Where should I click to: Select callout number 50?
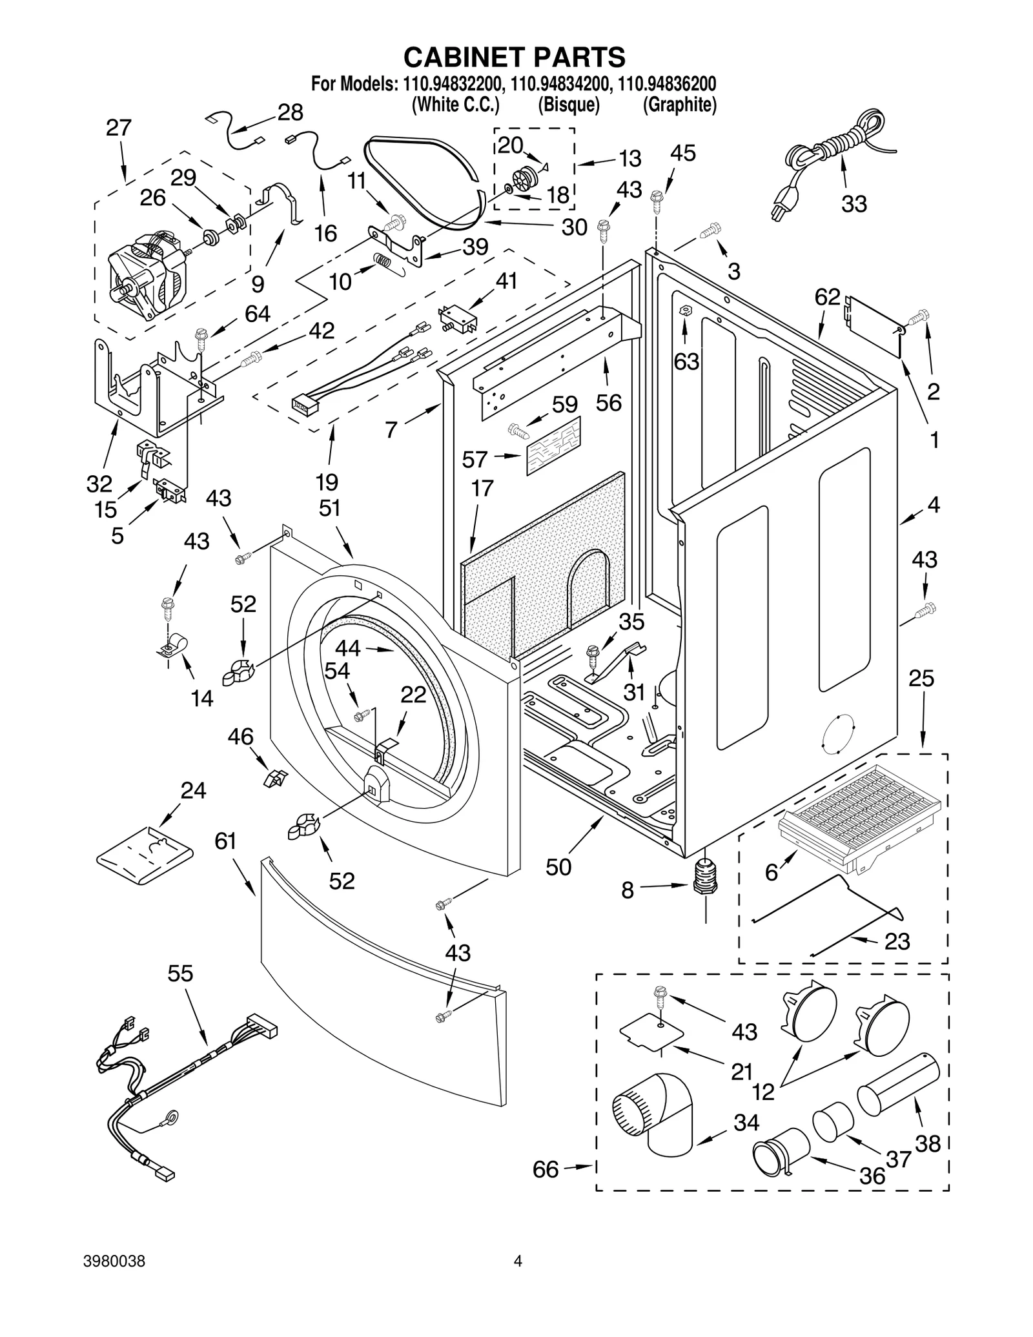(x=558, y=867)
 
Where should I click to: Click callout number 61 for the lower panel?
(x=226, y=841)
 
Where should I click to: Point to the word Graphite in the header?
(x=679, y=105)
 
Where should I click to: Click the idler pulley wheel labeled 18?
(x=524, y=176)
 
